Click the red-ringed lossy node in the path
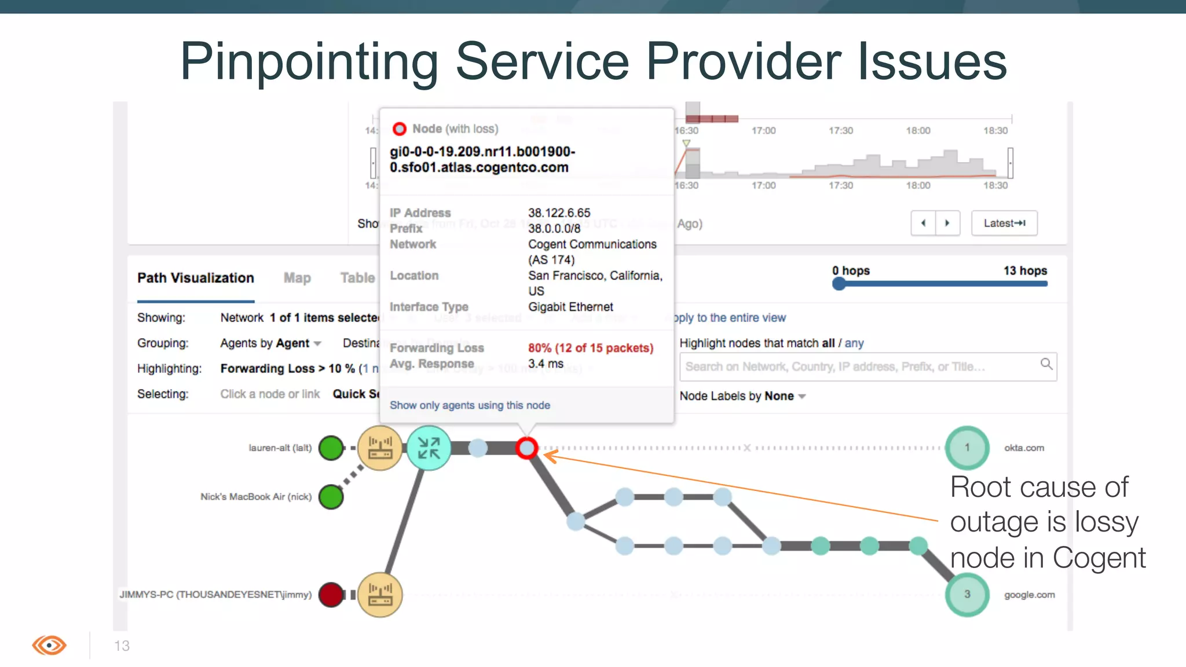click(526, 448)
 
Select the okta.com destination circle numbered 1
click(967, 448)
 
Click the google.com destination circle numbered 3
click(967, 594)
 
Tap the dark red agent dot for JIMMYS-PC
click(331, 595)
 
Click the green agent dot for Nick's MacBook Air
click(331, 497)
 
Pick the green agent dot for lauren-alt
click(331, 448)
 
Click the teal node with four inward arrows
click(429, 448)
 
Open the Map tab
click(297, 278)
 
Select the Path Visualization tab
click(196, 278)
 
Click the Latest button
click(1004, 223)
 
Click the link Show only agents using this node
click(470, 405)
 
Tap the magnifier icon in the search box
click(1046, 364)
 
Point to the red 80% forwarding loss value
click(590, 348)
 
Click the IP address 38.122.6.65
click(559, 213)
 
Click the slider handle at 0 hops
click(839, 284)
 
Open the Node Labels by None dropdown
click(742, 396)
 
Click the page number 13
click(122, 646)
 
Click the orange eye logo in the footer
click(49, 645)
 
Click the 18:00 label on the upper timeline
click(918, 131)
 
